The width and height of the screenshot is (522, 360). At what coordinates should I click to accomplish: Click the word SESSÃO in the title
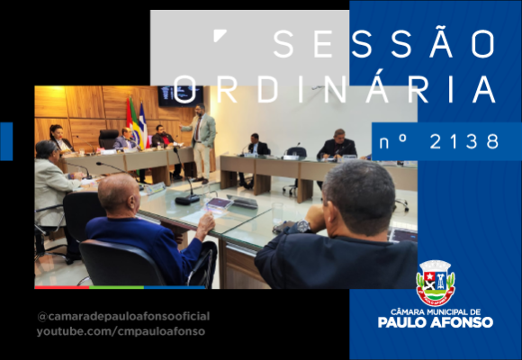(383, 43)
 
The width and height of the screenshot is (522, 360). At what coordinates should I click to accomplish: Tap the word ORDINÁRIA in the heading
(334, 88)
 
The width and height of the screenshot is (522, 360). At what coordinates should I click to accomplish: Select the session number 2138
(464, 141)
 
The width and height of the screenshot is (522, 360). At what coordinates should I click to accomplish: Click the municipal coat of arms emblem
(436, 283)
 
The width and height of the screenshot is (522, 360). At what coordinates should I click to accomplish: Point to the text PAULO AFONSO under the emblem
(435, 322)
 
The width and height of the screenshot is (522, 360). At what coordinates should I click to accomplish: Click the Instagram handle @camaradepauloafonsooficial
(123, 317)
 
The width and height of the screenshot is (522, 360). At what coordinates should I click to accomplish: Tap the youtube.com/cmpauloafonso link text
(121, 331)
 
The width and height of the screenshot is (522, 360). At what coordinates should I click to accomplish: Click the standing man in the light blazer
(202, 143)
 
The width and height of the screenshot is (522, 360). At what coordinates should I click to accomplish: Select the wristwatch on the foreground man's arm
(303, 226)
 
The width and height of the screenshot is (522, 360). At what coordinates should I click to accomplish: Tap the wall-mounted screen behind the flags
(180, 96)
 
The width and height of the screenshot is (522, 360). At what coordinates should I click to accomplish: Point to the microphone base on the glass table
(187, 200)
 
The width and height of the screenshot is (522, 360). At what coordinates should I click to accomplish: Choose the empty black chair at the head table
(108, 139)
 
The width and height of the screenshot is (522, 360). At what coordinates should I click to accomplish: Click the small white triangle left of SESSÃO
(219, 35)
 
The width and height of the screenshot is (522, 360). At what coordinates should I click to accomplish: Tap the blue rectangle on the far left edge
(6, 141)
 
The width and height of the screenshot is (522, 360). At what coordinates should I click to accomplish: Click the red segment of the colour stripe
(62, 287)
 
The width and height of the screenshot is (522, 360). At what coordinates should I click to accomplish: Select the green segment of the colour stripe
(116, 287)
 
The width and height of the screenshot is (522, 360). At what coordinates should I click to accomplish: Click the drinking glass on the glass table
(277, 213)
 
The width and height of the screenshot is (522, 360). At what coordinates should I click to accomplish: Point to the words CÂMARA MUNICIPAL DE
(436, 312)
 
